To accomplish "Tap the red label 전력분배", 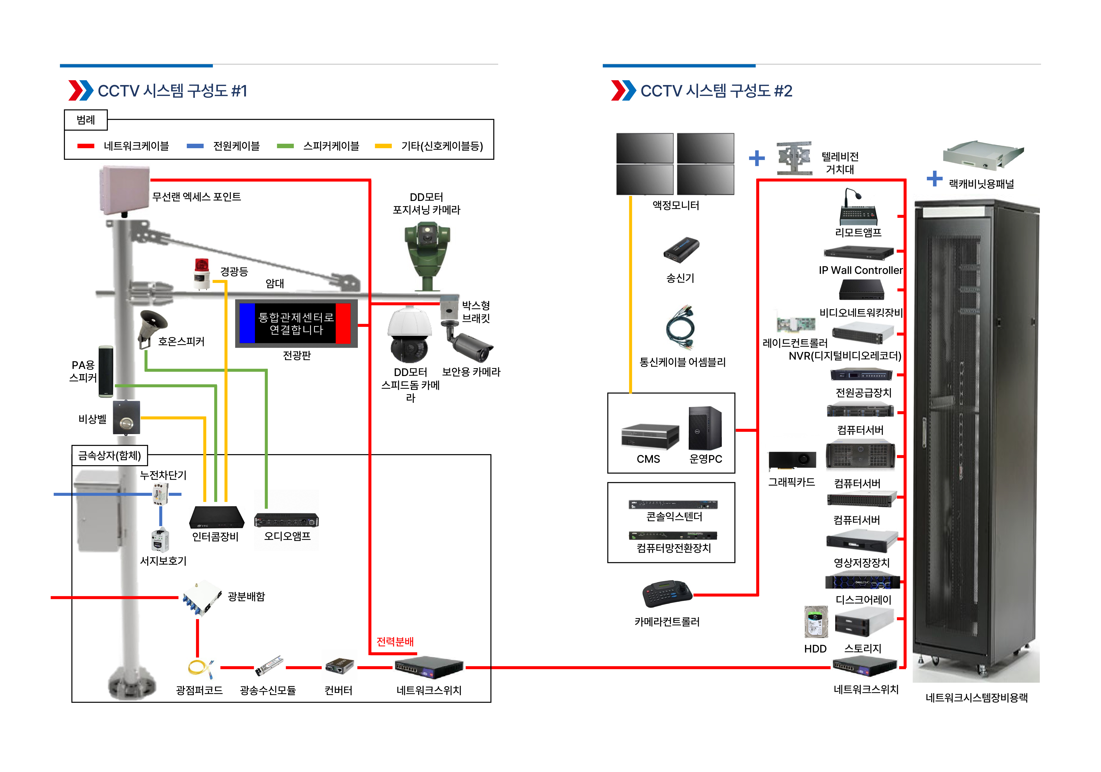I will click(395, 642).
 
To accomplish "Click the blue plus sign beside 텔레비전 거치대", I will click(757, 158).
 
